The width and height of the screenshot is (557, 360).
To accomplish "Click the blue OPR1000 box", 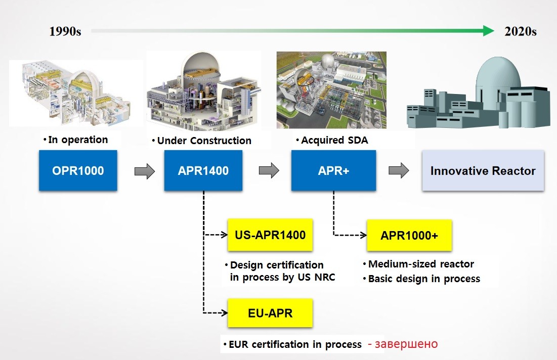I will pos(78,170).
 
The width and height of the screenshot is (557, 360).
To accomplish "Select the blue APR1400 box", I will pos(203,170).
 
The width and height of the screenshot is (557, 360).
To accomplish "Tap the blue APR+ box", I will pos(333,170).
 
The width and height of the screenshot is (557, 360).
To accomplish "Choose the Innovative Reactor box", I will pos(483,170).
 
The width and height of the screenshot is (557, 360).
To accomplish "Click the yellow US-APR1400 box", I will pos(270,235).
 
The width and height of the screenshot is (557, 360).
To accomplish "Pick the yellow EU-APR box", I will pos(270,313).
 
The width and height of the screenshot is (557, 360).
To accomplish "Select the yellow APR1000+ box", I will pos(409,235).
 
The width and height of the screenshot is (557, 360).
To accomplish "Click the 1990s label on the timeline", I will pos(65,31).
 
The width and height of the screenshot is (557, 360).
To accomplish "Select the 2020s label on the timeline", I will pos(521,31).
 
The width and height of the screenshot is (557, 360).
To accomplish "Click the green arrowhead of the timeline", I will pos(488,31).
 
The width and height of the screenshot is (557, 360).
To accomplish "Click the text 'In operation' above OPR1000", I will pos(78,140).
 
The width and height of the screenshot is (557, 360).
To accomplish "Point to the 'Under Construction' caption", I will pos(204,141).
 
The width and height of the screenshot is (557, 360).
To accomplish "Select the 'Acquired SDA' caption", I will pos(334,140).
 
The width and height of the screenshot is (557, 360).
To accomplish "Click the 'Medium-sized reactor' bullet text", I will pos(421,264).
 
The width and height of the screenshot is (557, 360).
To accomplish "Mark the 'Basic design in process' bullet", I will pos(424,279).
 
